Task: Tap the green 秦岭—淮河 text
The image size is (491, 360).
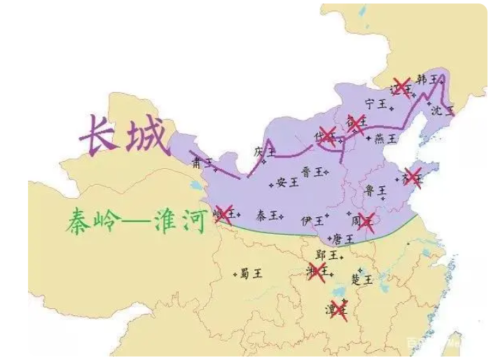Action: (x=133, y=221)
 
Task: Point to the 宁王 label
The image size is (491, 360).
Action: (x=376, y=104)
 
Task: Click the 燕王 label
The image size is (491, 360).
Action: (x=385, y=138)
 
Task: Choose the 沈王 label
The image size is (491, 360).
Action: (x=442, y=110)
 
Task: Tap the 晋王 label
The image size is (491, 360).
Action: (x=312, y=171)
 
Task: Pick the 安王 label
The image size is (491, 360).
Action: (x=287, y=182)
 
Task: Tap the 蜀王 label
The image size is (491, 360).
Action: (x=250, y=273)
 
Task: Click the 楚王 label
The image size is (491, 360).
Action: (x=361, y=279)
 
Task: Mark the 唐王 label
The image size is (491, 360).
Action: (x=343, y=239)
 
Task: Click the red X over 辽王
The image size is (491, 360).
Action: (x=401, y=87)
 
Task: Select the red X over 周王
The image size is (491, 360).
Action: (x=366, y=222)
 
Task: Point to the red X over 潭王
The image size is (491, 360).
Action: (x=338, y=309)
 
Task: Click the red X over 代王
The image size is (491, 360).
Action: (x=327, y=135)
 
